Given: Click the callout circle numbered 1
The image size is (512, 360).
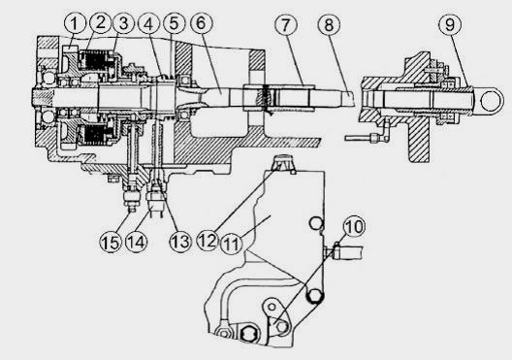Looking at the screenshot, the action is pyautogui.click(x=75, y=23).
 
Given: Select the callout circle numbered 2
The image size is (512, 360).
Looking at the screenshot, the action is pyautogui.click(x=101, y=22).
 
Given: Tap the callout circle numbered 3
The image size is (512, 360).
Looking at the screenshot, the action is pyautogui.click(x=123, y=23).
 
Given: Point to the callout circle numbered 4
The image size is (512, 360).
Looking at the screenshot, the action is pyautogui.click(x=148, y=24).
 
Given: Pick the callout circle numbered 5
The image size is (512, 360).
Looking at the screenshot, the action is pyautogui.click(x=174, y=23).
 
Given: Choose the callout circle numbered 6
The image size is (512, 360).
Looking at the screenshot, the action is pyautogui.click(x=201, y=23).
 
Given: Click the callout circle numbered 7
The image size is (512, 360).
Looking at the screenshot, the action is pyautogui.click(x=286, y=24).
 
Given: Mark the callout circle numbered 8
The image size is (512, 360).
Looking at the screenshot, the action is pyautogui.click(x=329, y=24).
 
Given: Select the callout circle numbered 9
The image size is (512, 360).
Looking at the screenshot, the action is pyautogui.click(x=450, y=24).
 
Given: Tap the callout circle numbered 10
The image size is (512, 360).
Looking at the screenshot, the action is pyautogui.click(x=354, y=226).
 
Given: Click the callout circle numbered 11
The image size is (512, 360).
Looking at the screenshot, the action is pyautogui.click(x=232, y=244).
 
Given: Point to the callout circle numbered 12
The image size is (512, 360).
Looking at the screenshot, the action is pyautogui.click(x=208, y=241).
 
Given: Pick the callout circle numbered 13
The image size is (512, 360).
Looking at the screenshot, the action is pyautogui.click(x=180, y=242).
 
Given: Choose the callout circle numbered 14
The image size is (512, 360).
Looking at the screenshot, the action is pyautogui.click(x=137, y=242).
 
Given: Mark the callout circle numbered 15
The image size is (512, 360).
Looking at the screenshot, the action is pyautogui.click(x=111, y=243).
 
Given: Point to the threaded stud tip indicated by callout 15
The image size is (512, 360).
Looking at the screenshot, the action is pyautogui.click(x=132, y=208).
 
